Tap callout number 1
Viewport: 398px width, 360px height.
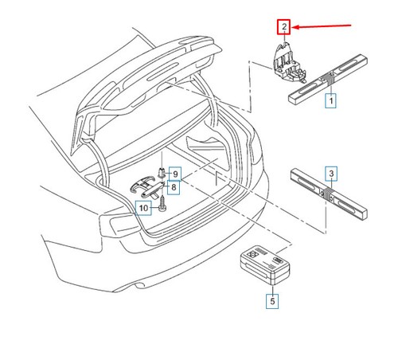329,101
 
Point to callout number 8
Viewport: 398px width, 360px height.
173,186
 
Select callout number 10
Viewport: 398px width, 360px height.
144,209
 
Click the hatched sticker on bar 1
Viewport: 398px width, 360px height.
327,80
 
